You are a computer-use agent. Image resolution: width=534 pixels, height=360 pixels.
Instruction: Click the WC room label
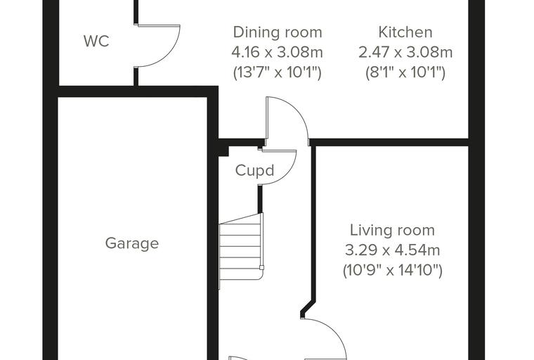point(96,41)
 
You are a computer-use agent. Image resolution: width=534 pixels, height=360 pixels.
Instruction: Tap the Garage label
point(132,243)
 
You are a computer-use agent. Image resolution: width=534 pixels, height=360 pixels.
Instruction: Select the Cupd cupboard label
point(255,170)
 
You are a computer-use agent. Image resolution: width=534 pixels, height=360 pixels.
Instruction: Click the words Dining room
point(278,32)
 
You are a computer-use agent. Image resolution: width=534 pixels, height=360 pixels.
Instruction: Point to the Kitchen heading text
point(405,32)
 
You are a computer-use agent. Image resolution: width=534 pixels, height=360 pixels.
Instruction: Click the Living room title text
point(392,230)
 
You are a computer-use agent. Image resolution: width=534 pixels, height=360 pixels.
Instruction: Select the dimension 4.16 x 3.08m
point(278,52)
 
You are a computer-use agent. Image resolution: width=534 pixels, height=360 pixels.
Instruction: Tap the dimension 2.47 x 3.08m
point(405,52)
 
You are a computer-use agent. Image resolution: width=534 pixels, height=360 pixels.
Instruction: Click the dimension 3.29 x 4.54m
point(392,250)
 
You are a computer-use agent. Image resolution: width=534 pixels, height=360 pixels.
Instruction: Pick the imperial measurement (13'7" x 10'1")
point(278,72)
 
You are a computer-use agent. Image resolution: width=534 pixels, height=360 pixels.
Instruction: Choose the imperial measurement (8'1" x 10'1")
point(405,72)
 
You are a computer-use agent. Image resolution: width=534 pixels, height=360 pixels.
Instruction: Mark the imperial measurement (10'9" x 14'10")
point(392,271)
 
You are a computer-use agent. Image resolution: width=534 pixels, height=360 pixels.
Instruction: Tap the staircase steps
point(241,251)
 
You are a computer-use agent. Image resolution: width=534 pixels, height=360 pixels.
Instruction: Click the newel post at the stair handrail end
point(261,268)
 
